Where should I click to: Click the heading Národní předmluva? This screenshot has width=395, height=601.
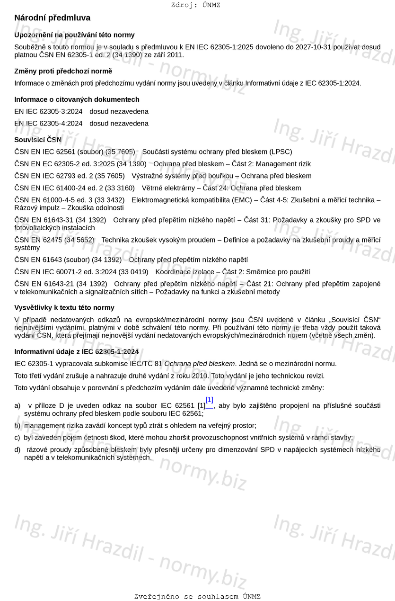pyautogui.click(x=52, y=18)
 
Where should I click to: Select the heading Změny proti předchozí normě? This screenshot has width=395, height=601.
pyautogui.click(x=63, y=71)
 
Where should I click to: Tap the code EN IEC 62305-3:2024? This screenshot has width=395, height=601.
pyautogui.click(x=48, y=112)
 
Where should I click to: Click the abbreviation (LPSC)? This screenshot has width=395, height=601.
pyautogui.click(x=281, y=152)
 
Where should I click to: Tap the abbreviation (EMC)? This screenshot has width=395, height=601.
pyautogui.click(x=240, y=200)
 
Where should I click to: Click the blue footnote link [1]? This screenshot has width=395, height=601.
pyautogui.click(x=209, y=400)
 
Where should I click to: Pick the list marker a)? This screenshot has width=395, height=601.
pyautogui.click(x=18, y=406)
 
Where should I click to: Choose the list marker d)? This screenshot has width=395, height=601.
pyautogui.click(x=18, y=449)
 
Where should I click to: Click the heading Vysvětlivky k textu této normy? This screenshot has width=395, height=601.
pyautogui.click(x=64, y=308)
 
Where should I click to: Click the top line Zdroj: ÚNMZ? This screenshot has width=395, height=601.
pyautogui.click(x=195, y=5)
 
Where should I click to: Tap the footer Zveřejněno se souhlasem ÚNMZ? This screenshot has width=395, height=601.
pyautogui.click(x=197, y=597)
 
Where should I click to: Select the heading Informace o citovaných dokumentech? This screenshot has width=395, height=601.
pyautogui.click(x=77, y=99)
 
